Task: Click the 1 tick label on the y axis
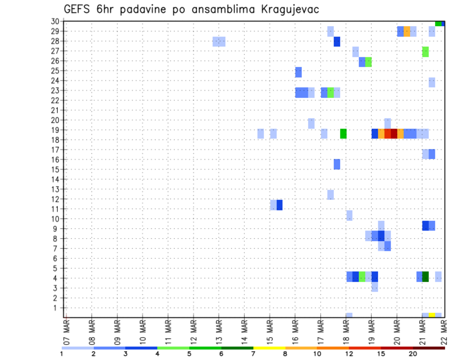click(57, 308)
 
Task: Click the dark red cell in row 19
click(394, 133)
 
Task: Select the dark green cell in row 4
click(426, 277)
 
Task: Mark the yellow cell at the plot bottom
click(432, 315)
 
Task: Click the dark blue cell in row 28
click(337, 42)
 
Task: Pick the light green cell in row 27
click(426, 51)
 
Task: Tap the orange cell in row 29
click(407, 32)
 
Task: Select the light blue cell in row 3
click(375, 287)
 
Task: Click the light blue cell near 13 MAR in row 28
click(219, 42)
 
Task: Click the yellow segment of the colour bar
click(269, 348)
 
